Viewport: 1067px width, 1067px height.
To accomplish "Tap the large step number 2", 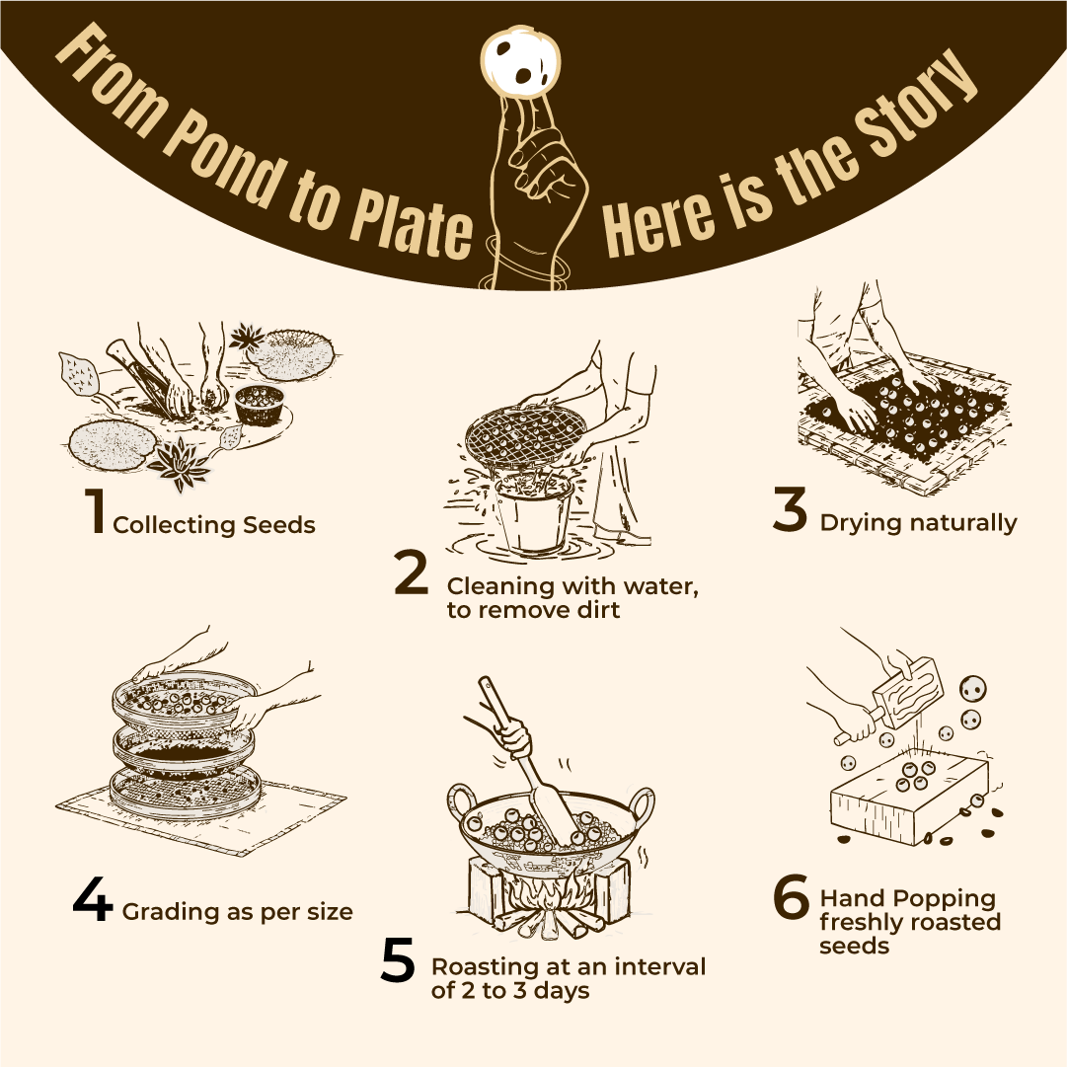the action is click(412, 572).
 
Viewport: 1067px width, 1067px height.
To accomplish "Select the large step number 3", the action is click(790, 509).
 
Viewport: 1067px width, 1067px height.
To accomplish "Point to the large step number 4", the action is click(93, 899).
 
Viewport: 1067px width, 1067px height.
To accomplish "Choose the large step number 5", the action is click(398, 960).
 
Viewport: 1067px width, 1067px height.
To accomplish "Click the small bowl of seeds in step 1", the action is click(258, 405).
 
